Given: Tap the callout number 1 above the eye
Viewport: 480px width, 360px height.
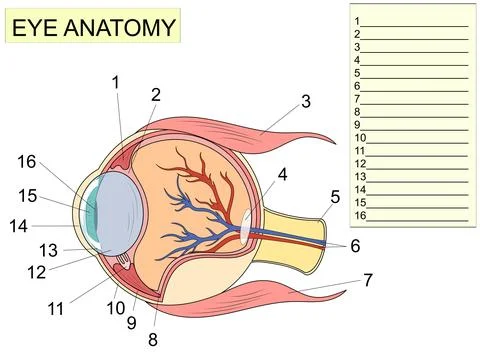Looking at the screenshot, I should [116, 82].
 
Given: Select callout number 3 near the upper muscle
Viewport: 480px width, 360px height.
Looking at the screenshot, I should [306, 101].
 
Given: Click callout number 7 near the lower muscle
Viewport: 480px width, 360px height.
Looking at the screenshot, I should [368, 280].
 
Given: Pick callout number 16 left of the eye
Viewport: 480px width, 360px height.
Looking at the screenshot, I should [27, 162].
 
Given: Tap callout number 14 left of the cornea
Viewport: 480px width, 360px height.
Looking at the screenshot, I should [19, 226].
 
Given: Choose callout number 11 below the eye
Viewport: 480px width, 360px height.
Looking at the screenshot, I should [56, 309].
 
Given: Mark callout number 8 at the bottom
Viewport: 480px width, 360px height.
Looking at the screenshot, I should [153, 339].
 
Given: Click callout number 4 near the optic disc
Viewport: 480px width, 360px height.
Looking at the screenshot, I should [283, 174].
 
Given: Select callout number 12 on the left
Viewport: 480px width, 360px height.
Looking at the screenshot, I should [37, 272].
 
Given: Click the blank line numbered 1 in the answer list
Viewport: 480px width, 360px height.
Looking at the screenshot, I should [414, 21].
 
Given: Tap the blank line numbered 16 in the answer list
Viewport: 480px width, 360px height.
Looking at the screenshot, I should [417, 215].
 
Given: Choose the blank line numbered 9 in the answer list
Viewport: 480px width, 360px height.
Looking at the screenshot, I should [414, 124].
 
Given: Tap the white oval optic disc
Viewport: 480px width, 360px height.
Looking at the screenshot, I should [246, 223].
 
